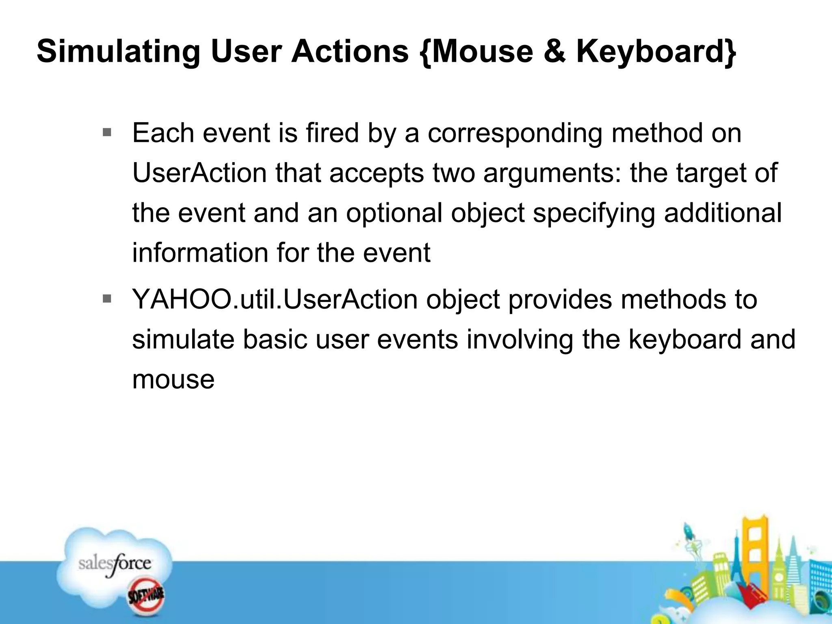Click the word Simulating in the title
tap(118, 52)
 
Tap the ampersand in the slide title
tap(554, 52)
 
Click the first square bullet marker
tap(107, 132)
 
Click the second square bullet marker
tap(107, 299)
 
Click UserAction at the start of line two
tap(199, 173)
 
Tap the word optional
tap(394, 213)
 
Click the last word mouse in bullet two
tap(173, 379)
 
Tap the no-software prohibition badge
tap(146, 596)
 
